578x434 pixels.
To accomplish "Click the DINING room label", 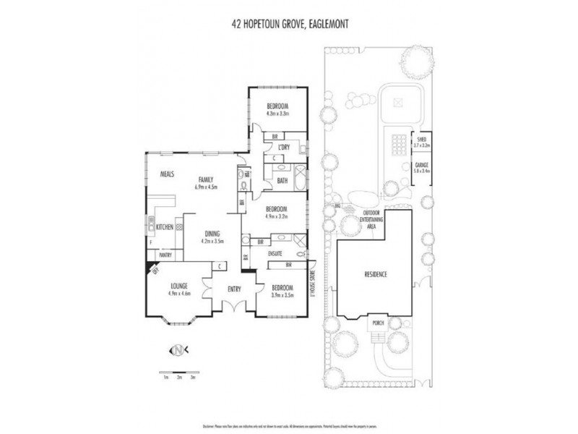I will tap(212, 234).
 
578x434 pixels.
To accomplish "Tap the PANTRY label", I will tap(165, 255).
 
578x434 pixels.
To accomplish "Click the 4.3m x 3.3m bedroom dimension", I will tap(277, 114).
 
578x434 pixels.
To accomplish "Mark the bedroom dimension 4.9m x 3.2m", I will tap(277, 215).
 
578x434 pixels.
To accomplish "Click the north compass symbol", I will tap(177, 350).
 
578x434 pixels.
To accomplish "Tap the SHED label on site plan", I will tap(421, 140).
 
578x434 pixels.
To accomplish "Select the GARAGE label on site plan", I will tap(421, 166).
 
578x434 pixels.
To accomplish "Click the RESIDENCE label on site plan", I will tap(376, 274).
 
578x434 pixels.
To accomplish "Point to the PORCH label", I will tap(376, 323).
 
